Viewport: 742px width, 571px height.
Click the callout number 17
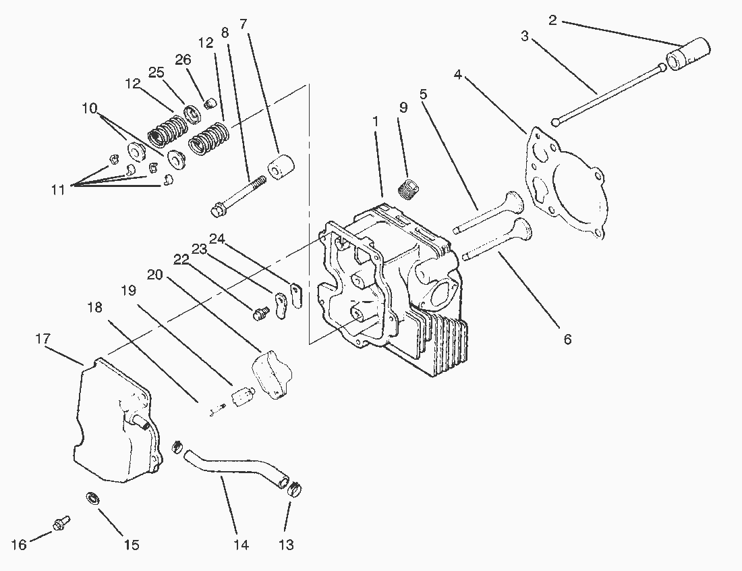[42, 338]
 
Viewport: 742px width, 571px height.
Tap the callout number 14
[241, 544]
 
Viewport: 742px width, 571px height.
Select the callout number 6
[567, 339]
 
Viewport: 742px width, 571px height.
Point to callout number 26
[183, 59]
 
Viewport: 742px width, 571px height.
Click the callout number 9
[403, 107]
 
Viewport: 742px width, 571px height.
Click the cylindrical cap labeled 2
[689, 54]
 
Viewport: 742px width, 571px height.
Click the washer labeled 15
[90, 499]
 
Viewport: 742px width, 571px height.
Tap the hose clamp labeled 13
[294, 488]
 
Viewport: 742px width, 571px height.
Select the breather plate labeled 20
[272, 373]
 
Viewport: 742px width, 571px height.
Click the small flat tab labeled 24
[295, 295]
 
